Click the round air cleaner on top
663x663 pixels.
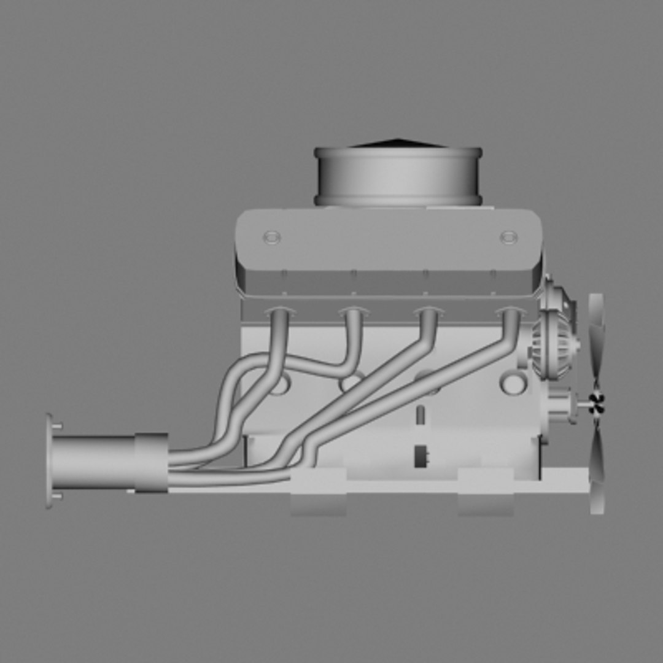pos(398,177)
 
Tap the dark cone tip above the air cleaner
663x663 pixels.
pos(398,142)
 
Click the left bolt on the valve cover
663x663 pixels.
pos(271,237)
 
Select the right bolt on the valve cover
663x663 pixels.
pos(508,237)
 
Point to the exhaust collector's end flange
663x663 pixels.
pos(49,461)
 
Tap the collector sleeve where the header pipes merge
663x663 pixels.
pos(151,463)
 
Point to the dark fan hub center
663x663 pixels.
pos(596,403)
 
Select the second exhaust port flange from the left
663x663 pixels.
pos(354,312)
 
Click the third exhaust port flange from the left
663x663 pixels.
pos(428,312)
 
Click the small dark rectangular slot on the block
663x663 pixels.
pos(421,456)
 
